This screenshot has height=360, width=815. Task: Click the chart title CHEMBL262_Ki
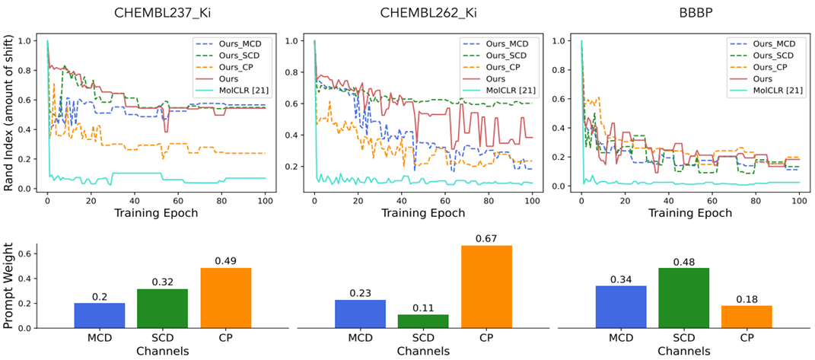coord(422,13)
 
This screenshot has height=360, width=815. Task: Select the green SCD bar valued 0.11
coord(422,321)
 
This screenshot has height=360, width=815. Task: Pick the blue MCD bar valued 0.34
coord(626,307)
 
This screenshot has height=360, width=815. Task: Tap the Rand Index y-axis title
coord(10,112)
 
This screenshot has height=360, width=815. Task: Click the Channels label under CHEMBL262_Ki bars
coord(422,352)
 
